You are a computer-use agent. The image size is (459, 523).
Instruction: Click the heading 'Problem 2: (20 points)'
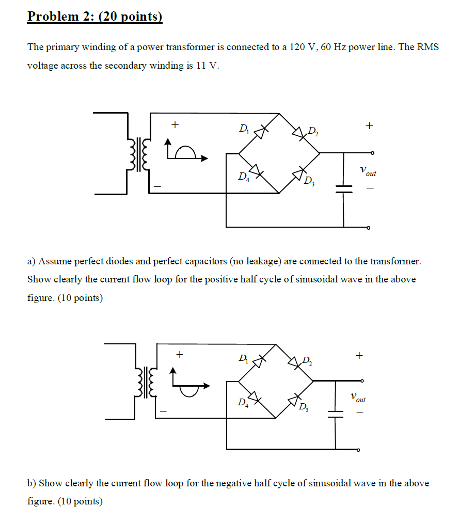click(x=94, y=17)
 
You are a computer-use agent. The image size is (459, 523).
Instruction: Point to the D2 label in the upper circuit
click(x=313, y=131)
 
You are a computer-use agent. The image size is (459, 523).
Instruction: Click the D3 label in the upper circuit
click(x=309, y=181)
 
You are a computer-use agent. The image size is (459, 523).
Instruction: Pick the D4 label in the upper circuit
click(x=243, y=177)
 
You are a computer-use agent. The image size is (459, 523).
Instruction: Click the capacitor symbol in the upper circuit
click(x=344, y=189)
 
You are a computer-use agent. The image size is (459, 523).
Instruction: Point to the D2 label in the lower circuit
click(x=307, y=360)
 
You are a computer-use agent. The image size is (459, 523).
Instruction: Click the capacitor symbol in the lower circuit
click(x=336, y=413)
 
